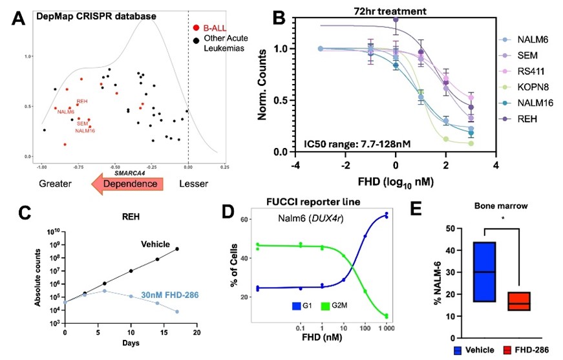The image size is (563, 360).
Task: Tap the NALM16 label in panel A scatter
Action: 85,131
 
